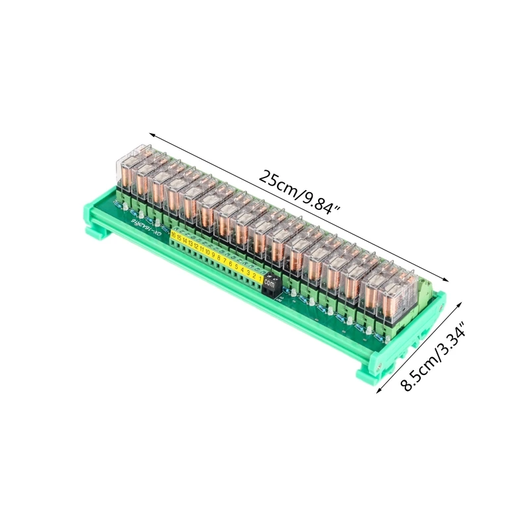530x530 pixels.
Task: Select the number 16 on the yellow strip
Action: click(x=174, y=235)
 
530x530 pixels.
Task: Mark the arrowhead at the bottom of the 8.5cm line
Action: click(x=378, y=393)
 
